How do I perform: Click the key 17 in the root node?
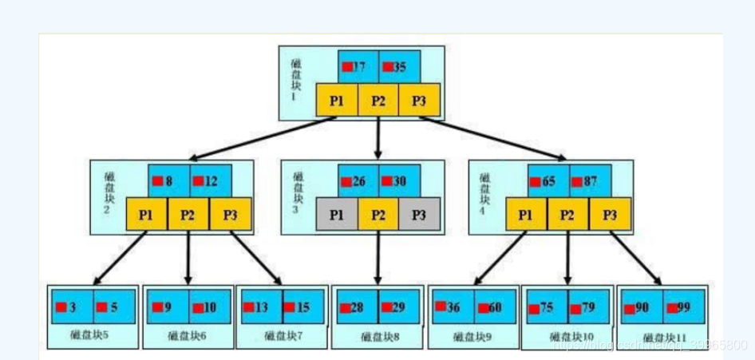tap(357, 67)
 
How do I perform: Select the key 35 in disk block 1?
tap(398, 67)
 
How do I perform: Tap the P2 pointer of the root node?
tap(378, 101)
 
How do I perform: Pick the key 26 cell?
tap(357, 181)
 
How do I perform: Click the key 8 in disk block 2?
tap(168, 180)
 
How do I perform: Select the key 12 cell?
tap(209, 180)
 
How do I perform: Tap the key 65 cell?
tap(547, 181)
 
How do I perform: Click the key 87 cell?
tap(590, 181)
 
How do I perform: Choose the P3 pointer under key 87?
tap(611, 214)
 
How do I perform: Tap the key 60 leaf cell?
tap(494, 307)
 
